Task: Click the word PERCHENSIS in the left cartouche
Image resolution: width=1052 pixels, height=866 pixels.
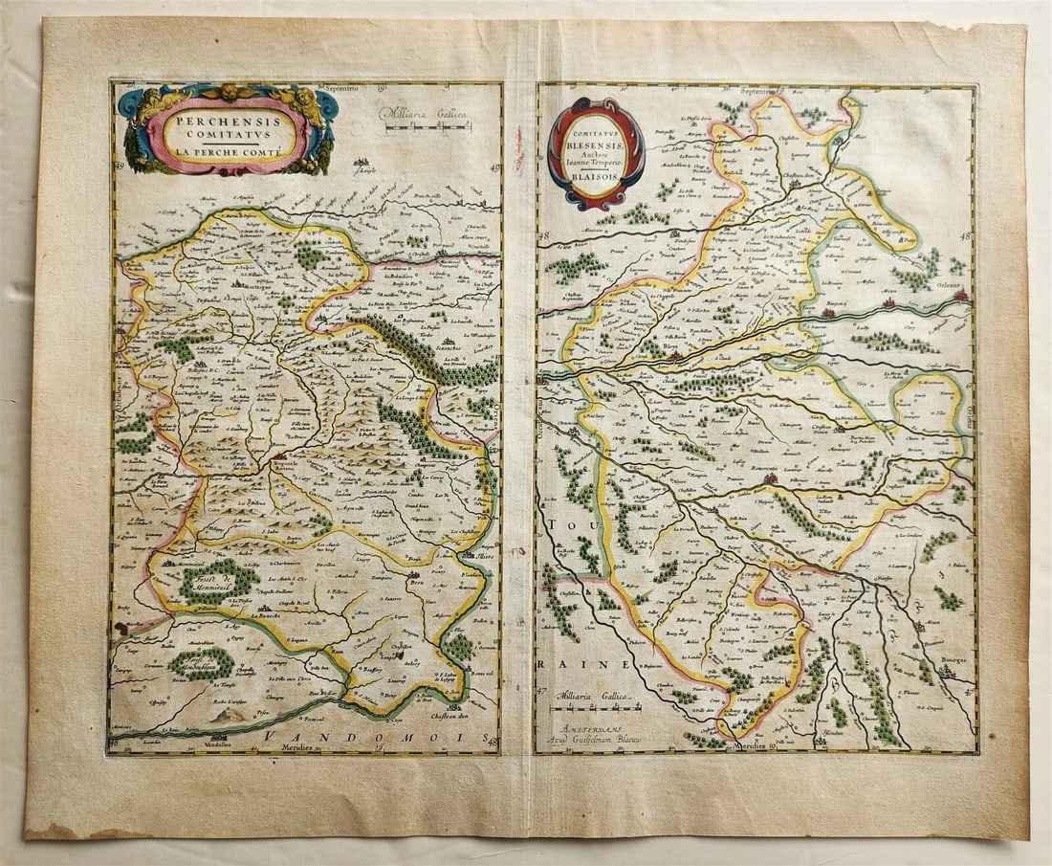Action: pyautogui.click(x=227, y=122)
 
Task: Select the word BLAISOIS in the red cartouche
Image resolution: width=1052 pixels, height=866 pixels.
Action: pyautogui.click(x=596, y=189)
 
